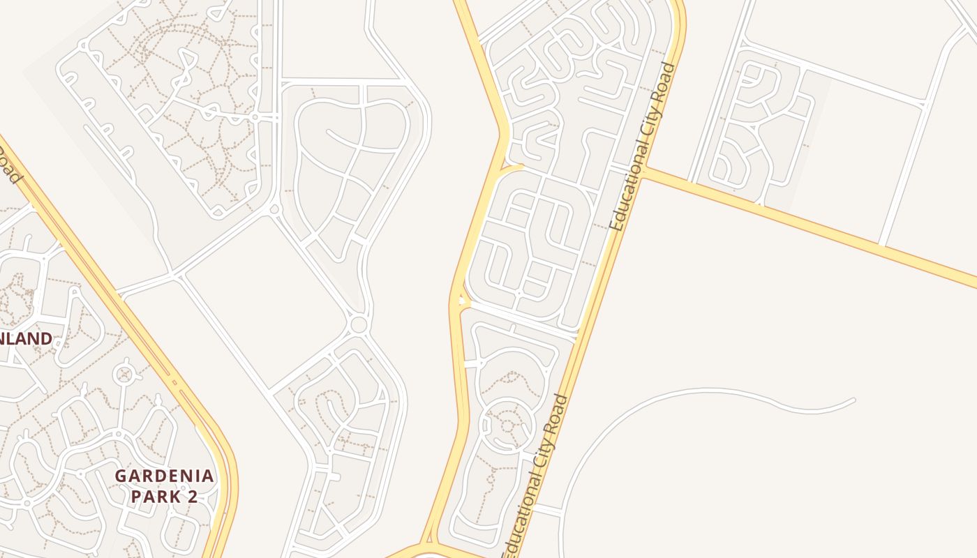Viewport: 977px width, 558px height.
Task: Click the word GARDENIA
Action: click(x=165, y=476)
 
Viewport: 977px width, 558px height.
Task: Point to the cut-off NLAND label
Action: click(x=26, y=339)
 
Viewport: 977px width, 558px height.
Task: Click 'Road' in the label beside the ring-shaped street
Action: click(x=560, y=412)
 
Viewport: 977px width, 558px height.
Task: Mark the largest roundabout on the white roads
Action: click(x=359, y=324)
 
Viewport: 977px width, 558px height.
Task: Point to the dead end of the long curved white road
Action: click(x=853, y=400)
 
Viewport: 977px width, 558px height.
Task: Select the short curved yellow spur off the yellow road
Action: click(x=512, y=167)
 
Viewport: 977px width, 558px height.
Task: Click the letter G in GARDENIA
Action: click(x=121, y=476)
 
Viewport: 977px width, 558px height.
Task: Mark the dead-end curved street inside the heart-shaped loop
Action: click(x=328, y=132)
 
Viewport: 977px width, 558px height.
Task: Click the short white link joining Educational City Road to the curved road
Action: click(x=549, y=511)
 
